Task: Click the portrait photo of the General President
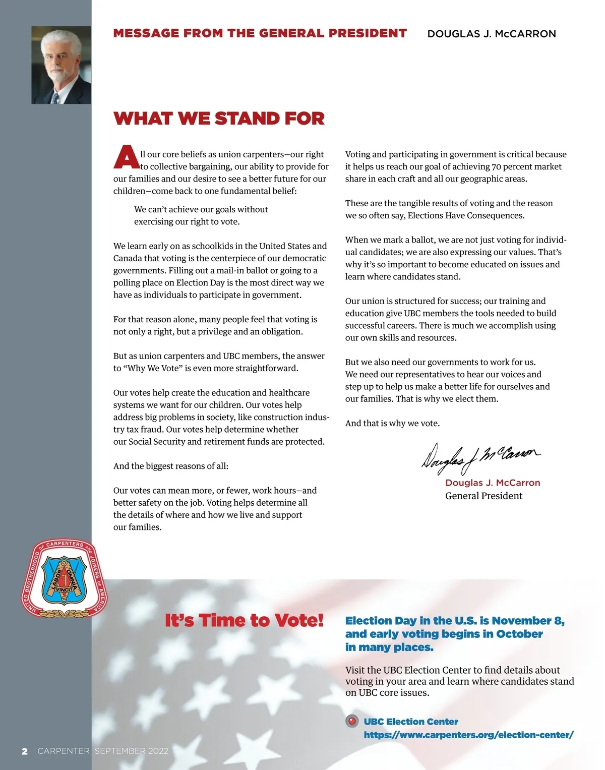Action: click(x=61, y=65)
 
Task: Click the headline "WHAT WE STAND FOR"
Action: click(x=219, y=119)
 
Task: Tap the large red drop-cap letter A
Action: click(x=126, y=157)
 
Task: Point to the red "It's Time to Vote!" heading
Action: click(x=244, y=620)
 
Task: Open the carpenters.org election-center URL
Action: click(x=468, y=735)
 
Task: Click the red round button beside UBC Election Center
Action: click(x=352, y=721)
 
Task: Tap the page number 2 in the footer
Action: click(x=24, y=751)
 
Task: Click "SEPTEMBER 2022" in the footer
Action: click(x=132, y=751)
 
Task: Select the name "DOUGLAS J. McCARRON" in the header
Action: click(x=492, y=34)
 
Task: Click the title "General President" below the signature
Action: click(x=483, y=496)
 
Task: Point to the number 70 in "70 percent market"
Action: click(x=496, y=166)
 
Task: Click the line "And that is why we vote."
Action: click(x=392, y=423)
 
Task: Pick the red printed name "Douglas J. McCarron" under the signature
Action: click(x=493, y=483)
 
